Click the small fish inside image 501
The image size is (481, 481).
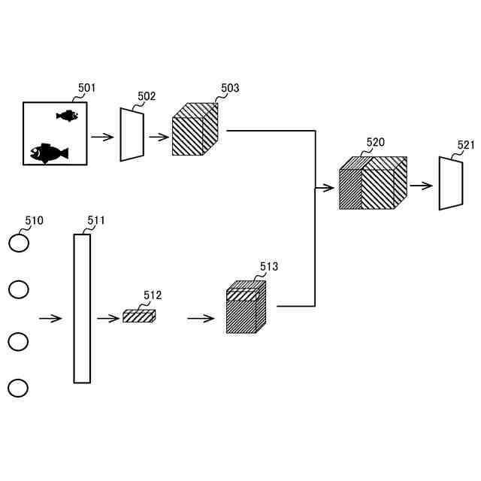[x=68, y=116]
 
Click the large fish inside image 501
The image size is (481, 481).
[x=48, y=153]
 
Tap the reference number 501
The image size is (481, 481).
[x=87, y=89]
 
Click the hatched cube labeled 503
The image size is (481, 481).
[x=195, y=132]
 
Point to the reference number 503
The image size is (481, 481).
[x=230, y=89]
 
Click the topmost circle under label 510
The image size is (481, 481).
[x=19, y=243]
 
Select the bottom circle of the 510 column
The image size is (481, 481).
[x=18, y=388]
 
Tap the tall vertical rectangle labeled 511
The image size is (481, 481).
[x=82, y=308]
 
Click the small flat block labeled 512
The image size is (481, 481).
[x=139, y=316]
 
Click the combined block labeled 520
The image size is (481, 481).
[x=373, y=183]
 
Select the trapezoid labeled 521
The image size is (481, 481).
[x=450, y=183]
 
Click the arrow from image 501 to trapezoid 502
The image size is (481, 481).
[x=102, y=137]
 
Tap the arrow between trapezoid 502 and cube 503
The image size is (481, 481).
[x=159, y=137]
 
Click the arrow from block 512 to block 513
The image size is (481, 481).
[x=201, y=318]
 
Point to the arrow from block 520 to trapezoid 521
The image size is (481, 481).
[x=421, y=185]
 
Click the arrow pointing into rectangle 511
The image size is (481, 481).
[x=50, y=318]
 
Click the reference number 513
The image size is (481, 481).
[x=268, y=267]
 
